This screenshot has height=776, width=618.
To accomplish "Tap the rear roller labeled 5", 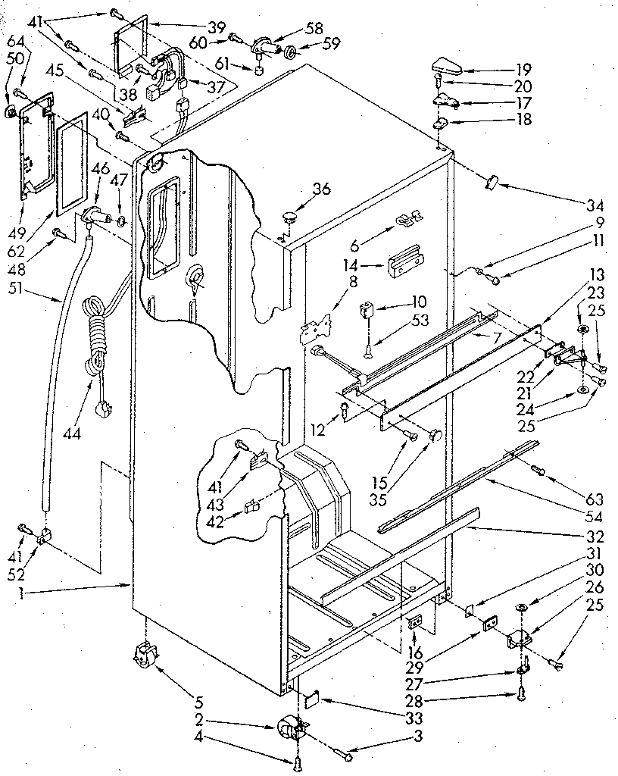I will [143, 653].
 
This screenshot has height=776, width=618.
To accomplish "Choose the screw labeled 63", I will [538, 470].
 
